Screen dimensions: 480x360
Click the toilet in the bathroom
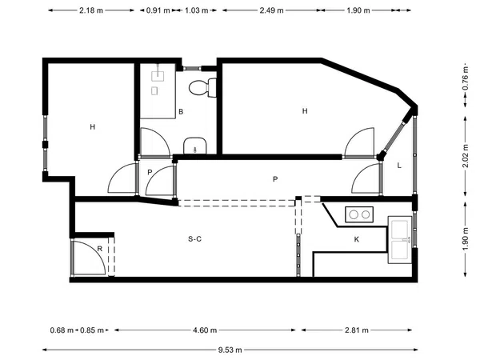tap(202, 88)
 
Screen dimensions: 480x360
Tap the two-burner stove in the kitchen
tap(359, 214)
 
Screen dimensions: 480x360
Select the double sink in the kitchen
tap(399, 240)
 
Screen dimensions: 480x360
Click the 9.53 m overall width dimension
tap(230, 350)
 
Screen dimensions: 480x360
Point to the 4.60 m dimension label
tap(205, 330)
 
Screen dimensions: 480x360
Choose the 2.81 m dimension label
tap(357, 330)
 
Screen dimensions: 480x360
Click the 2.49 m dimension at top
tap(271, 10)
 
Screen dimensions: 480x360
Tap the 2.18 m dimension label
tap(91, 10)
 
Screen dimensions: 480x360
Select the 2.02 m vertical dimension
tap(466, 156)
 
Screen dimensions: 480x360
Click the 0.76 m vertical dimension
tap(466, 78)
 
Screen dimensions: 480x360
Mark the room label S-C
tap(194, 238)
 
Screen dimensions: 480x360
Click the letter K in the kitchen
tap(356, 239)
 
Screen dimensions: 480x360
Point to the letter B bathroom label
tap(181, 112)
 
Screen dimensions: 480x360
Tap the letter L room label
tap(399, 166)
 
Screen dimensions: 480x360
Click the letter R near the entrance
tap(99, 249)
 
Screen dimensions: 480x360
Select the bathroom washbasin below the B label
tap(195, 146)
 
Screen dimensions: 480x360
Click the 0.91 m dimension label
tap(158, 10)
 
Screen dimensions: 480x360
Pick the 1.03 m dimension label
tap(197, 10)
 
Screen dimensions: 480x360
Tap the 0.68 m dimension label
tap(62, 330)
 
